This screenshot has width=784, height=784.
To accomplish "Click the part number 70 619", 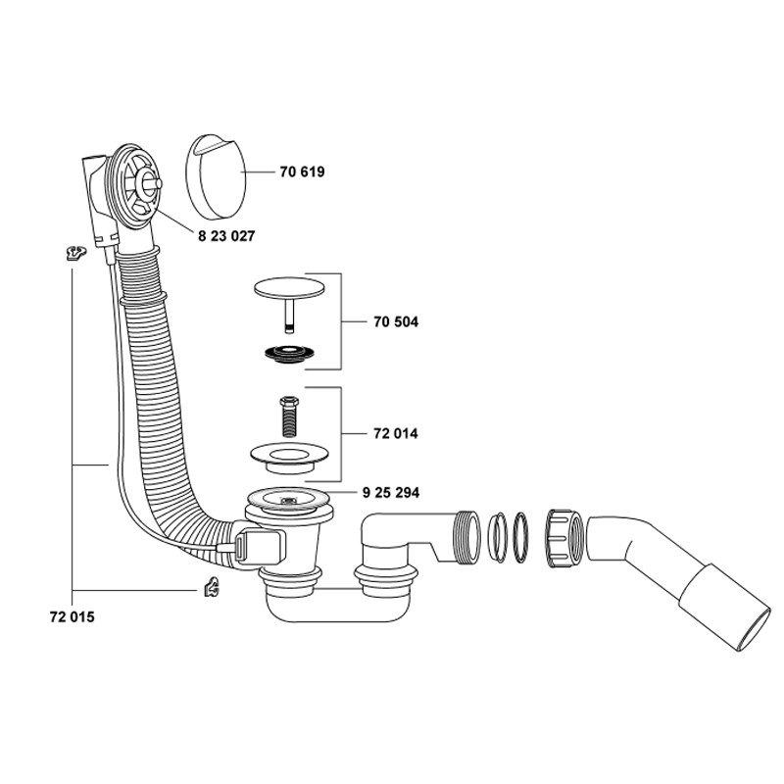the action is tap(302, 172).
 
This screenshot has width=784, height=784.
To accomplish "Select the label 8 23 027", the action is tap(226, 236).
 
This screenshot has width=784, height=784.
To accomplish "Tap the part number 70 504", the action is tap(396, 322).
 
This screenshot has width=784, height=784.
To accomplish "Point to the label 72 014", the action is tap(396, 433).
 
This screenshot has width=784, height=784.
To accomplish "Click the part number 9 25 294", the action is tap(390, 493).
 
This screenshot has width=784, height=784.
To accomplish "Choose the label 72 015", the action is tap(72, 617).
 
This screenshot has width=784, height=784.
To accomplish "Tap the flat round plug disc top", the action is tap(289, 288).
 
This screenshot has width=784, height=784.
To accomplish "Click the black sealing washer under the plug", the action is tap(289, 353).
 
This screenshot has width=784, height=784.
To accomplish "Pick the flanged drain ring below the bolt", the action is tap(289, 457).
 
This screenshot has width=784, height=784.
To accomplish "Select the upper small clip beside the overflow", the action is tap(76, 253).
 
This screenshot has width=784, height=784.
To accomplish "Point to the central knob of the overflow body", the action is tap(150, 182).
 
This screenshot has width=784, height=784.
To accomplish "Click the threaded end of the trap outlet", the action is tap(466, 537).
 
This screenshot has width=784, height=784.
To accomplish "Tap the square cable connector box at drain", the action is tap(259, 548).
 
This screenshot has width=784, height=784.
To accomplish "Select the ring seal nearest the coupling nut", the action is tap(520, 537).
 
